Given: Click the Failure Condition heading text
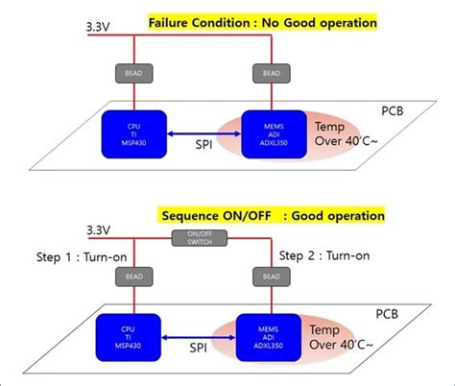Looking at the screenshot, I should (262, 21).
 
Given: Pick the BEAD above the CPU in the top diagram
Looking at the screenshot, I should (129, 73).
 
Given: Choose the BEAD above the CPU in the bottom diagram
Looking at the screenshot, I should (129, 276).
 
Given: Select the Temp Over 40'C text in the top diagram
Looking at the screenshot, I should (340, 135).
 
